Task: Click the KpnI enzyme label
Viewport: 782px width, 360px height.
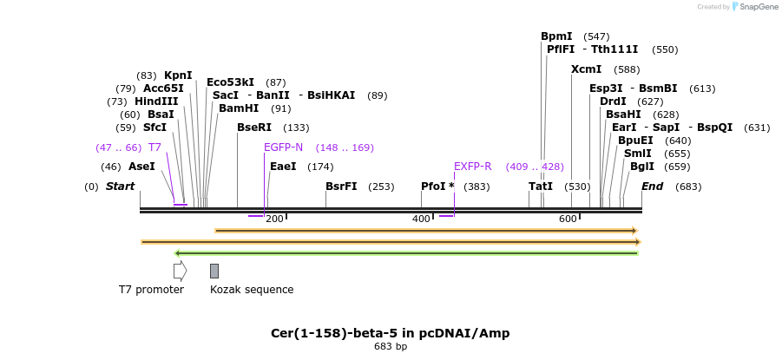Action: pos(178,75)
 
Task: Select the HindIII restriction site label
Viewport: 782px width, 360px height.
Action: pos(156,101)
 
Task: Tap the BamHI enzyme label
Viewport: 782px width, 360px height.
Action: pos(239,108)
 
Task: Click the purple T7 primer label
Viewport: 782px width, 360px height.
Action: pos(155,147)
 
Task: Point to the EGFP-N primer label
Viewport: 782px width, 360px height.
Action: pos(284,147)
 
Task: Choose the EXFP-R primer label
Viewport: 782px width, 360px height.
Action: pos(473,167)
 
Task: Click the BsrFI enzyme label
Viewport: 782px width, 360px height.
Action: pos(341,187)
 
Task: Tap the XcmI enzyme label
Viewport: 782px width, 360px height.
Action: pos(586,69)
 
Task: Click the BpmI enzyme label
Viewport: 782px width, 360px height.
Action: pos(556,36)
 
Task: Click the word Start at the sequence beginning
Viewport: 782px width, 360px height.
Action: pos(121,187)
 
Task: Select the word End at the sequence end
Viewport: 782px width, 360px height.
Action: pos(652,187)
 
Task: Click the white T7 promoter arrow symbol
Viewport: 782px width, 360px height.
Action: pos(180,271)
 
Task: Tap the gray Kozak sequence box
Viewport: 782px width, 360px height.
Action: pos(214,271)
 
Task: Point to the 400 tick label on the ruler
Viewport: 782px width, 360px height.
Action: pos(421,219)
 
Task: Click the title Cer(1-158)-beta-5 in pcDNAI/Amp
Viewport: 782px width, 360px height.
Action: pos(391,333)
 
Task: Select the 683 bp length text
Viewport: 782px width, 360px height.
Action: pos(391,347)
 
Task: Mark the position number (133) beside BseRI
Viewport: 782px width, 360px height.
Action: pos(297,128)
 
